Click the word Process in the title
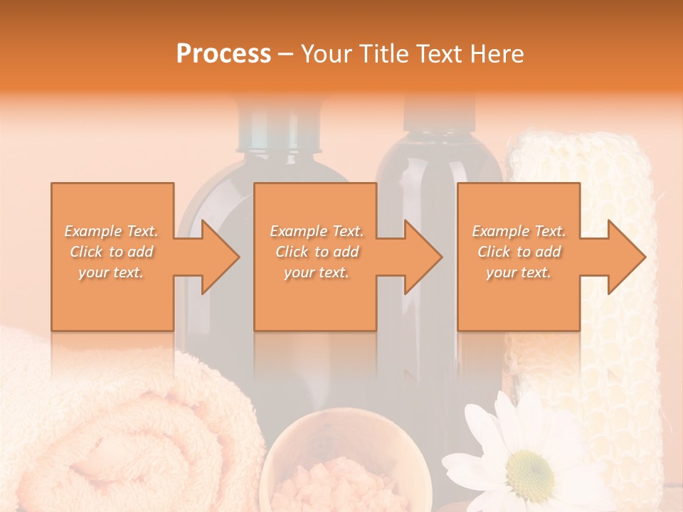point(223,53)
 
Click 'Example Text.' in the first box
point(112,231)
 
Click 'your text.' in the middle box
point(316,272)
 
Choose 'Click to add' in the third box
point(519,252)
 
